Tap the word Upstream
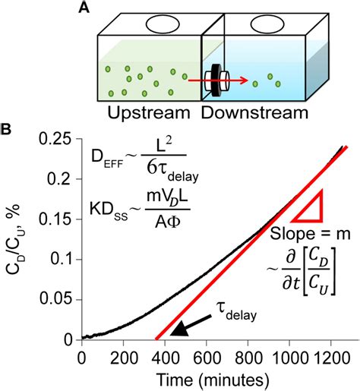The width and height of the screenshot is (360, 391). [142, 113]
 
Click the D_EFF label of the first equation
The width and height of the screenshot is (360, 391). [105, 158]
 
